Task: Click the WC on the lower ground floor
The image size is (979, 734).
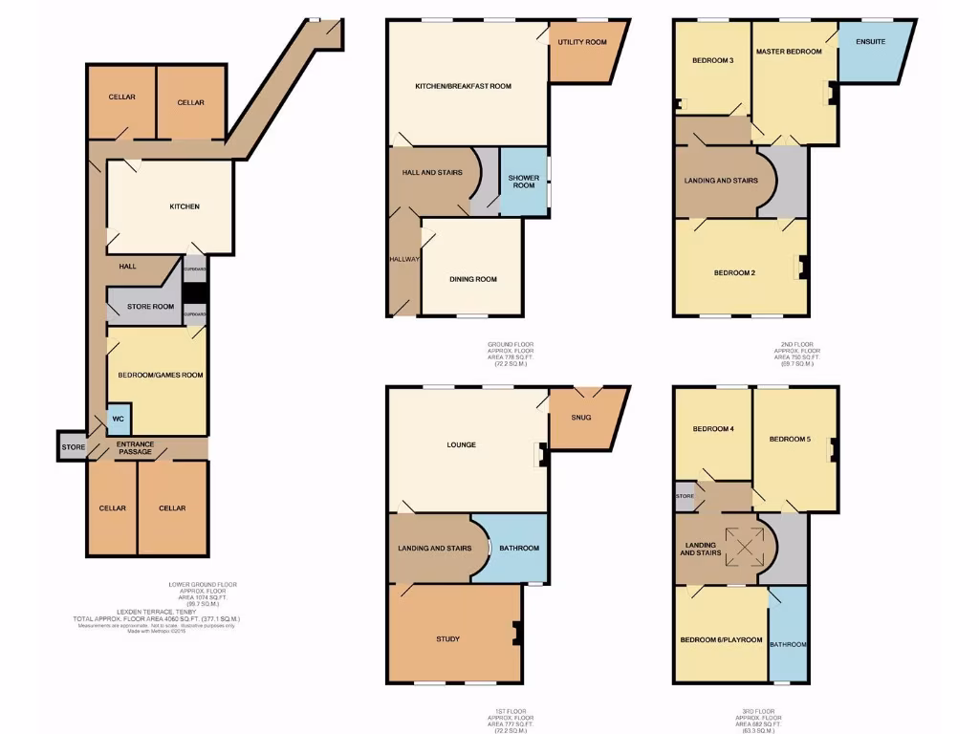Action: [119, 419]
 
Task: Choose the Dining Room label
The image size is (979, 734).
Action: [473, 279]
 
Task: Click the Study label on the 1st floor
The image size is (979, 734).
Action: [447, 638]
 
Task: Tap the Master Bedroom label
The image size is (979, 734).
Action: [789, 52]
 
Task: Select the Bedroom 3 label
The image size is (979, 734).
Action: [712, 61]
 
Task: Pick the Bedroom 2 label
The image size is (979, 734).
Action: [734, 272]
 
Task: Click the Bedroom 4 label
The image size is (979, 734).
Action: [712, 428]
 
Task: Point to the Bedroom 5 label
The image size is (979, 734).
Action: [790, 439]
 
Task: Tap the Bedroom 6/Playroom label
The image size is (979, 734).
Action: [721, 639]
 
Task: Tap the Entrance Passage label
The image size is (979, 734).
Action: [135, 447]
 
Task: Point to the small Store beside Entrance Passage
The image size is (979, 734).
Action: [73, 447]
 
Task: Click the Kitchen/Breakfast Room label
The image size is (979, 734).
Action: [463, 86]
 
